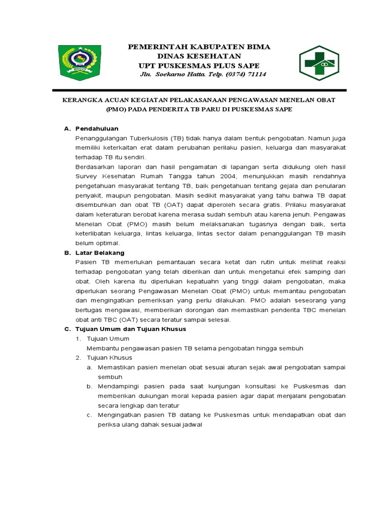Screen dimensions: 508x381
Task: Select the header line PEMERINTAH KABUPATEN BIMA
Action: click(x=199, y=47)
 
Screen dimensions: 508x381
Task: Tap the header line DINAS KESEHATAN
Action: click(x=199, y=56)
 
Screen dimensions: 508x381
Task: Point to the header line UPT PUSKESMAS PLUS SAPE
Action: click(x=199, y=65)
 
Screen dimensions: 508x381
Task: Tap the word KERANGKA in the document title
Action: click(x=81, y=100)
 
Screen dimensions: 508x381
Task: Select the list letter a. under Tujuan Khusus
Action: click(x=89, y=367)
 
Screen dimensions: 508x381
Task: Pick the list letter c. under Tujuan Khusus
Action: click(x=89, y=415)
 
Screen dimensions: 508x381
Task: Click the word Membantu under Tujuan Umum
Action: click(x=103, y=348)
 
